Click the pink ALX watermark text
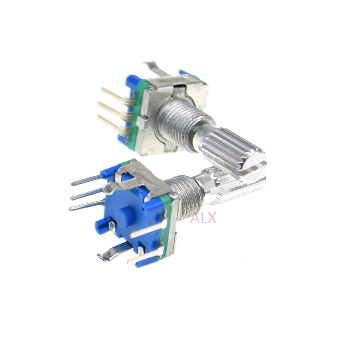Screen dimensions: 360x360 [203, 218]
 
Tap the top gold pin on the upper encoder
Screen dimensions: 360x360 [113, 95]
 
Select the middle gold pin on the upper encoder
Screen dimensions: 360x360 [111, 108]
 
